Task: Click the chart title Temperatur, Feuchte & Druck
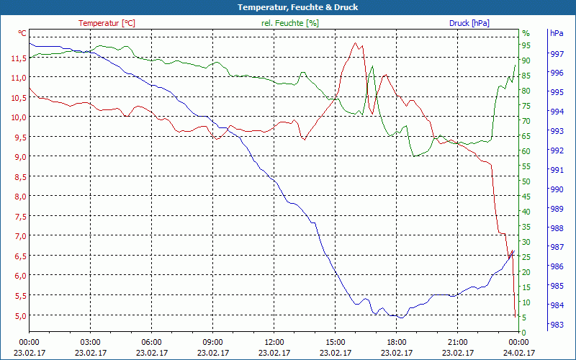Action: click(288, 7)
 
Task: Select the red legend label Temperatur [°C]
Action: click(107, 23)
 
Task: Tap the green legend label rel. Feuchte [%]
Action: click(289, 23)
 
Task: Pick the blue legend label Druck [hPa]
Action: click(469, 23)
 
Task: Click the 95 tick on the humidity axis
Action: click(526, 45)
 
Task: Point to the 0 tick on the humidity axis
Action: click(524, 332)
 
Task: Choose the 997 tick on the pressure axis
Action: click(557, 54)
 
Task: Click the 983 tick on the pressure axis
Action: click(557, 325)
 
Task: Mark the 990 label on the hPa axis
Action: click(557, 189)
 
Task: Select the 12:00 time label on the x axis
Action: click(274, 342)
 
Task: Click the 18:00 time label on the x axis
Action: click(397, 342)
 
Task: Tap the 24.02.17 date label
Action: click(519, 353)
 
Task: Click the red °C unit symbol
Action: click(22, 33)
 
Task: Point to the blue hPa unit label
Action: click(557, 33)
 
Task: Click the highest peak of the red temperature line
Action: click(354, 43)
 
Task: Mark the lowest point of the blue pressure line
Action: click(401, 318)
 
